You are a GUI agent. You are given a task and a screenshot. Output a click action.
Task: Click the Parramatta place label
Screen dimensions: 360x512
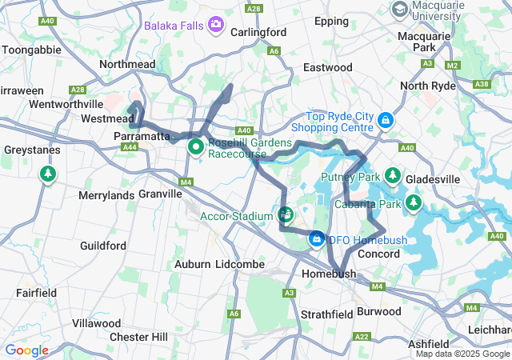pyautogui.click(x=142, y=136)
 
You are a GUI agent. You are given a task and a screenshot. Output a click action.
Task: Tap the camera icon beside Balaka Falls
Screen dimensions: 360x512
pyautogui.click(x=215, y=25)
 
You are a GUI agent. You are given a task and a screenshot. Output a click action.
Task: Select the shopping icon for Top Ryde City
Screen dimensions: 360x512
pyautogui.click(x=386, y=120)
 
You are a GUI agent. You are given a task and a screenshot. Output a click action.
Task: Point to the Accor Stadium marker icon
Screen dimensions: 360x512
pyautogui.click(x=286, y=214)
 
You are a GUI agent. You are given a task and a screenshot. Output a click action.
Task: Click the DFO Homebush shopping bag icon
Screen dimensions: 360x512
pyautogui.click(x=317, y=239)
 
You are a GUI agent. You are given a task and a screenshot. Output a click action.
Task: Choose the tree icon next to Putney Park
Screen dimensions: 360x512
pyautogui.click(x=392, y=175)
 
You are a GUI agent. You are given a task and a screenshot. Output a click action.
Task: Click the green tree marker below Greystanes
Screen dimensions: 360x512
pyautogui.click(x=49, y=174)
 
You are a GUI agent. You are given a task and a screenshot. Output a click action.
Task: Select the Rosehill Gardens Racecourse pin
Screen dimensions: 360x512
pyautogui.click(x=195, y=147)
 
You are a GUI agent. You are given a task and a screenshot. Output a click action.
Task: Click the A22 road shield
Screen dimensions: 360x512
pyautogui.click(x=362, y=337)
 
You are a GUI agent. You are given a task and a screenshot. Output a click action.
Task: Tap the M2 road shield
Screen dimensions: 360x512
pyautogui.click(x=453, y=65)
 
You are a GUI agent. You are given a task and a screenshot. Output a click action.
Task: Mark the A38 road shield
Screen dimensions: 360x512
pyautogui.click(x=482, y=83)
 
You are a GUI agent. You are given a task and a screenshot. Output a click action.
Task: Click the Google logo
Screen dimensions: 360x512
pyautogui.click(x=26, y=350)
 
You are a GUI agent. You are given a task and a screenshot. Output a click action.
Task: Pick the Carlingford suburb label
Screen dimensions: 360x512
pyautogui.click(x=258, y=32)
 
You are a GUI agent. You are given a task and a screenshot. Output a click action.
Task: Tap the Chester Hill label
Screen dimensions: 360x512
pyautogui.click(x=138, y=337)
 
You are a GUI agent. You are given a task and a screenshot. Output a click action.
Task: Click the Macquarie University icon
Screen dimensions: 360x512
pyautogui.click(x=398, y=8)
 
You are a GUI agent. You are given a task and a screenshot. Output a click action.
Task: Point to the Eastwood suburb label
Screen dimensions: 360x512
pyautogui.click(x=327, y=67)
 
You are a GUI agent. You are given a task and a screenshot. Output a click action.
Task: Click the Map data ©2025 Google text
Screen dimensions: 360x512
pyautogui.click(x=462, y=354)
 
